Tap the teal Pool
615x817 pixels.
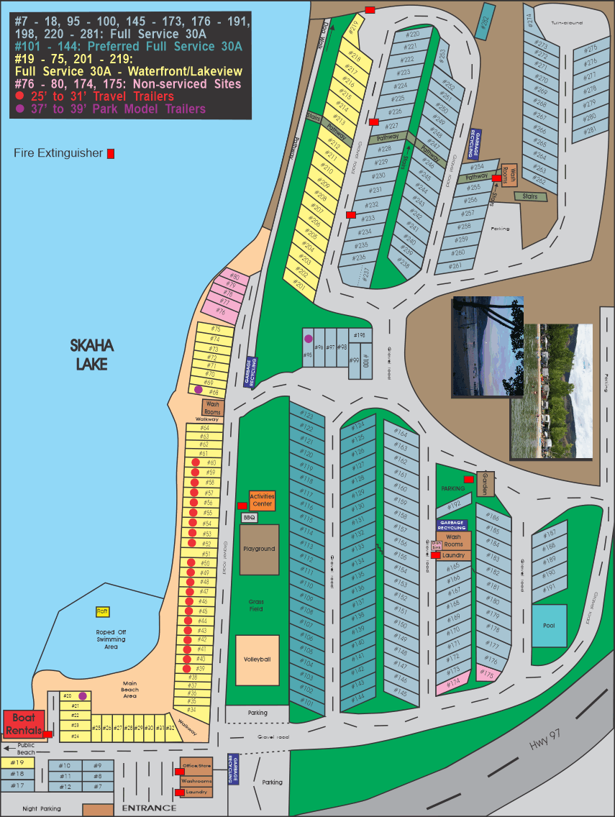(549, 626)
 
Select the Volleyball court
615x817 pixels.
(257, 659)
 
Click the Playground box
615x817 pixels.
(259, 549)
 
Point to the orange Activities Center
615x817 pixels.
(262, 500)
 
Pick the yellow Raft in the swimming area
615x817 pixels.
(102, 611)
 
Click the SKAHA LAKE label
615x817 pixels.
(92, 355)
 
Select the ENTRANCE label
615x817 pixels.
(149, 808)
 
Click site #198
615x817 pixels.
(360, 335)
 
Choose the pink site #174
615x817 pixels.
(453, 681)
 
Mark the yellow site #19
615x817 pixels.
(19, 762)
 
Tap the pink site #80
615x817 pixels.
(234, 277)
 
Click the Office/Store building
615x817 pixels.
(196, 767)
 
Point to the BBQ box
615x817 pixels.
(250, 517)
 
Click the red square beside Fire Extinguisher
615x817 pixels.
(111, 153)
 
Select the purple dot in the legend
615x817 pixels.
(20, 109)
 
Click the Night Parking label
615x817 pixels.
(41, 809)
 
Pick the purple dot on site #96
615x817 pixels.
(309, 339)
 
